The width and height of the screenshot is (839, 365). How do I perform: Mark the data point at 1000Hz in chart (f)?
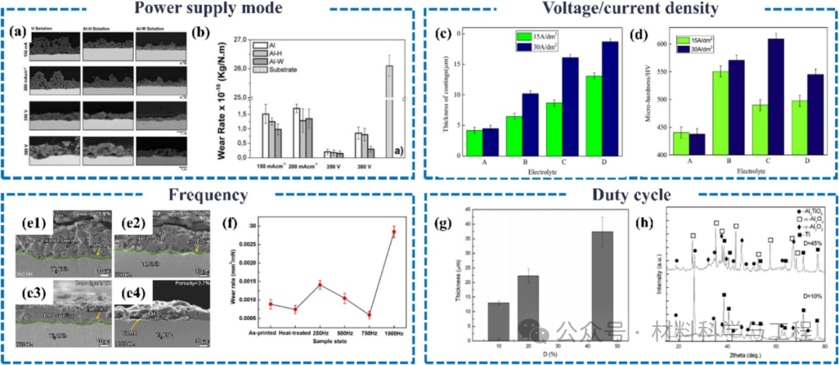(x=394, y=232)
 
